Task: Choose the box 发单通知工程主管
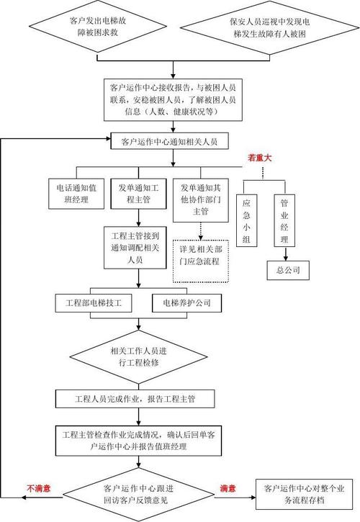click(136, 194)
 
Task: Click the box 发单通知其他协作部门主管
click(199, 200)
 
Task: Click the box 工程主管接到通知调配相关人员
click(136, 247)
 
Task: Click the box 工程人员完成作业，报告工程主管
click(140, 397)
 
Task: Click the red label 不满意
click(38, 488)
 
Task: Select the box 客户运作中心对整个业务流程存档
click(305, 494)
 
